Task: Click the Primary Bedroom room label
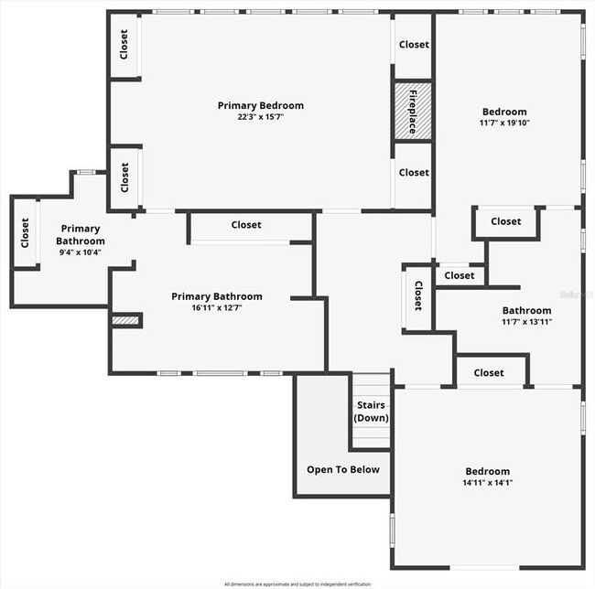pos(260,105)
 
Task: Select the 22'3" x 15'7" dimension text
pos(260,117)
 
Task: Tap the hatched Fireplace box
pos(412,112)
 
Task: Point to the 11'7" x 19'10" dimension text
pos(503,123)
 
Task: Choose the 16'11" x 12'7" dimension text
pos(217,308)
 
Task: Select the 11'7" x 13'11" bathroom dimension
pos(526,321)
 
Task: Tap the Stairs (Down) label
pos(371,412)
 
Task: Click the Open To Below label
pos(342,469)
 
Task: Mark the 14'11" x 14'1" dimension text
pos(489,483)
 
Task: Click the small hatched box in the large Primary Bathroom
pos(124,320)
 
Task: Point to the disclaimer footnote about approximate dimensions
pos(297,583)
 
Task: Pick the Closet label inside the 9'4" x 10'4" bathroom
pos(25,232)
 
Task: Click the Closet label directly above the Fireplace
pos(414,44)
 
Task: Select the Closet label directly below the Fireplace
pos(414,172)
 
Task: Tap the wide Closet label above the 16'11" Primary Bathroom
pos(245,224)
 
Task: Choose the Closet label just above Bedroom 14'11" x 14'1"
pos(489,372)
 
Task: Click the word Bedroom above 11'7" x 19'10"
pos(503,112)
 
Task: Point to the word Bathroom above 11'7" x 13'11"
pos(526,310)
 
